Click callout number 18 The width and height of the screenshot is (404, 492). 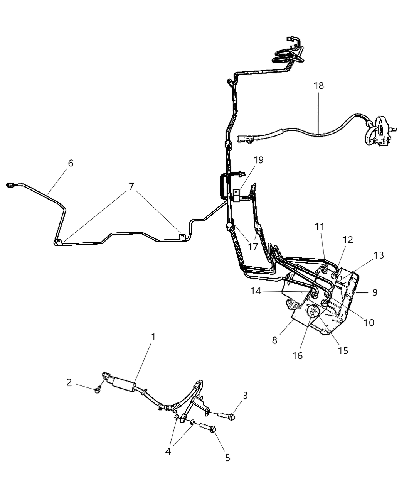(318, 86)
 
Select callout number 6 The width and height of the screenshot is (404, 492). (70, 163)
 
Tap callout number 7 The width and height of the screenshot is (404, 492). (131, 187)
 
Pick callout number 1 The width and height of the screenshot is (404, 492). (153, 337)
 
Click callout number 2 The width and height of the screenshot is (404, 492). (69, 382)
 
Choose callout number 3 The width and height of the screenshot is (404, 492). (245, 396)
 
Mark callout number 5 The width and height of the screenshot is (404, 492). (227, 458)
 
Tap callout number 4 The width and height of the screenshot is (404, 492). (168, 450)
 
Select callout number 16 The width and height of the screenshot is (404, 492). (298, 355)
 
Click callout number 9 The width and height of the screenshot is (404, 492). (374, 292)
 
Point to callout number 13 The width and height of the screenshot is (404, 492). (379, 255)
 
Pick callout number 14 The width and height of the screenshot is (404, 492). (256, 291)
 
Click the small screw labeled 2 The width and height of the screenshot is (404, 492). (98, 390)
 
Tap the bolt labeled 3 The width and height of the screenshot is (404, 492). (227, 416)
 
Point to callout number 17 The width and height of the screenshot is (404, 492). (252, 247)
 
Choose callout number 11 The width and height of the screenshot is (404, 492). (319, 227)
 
